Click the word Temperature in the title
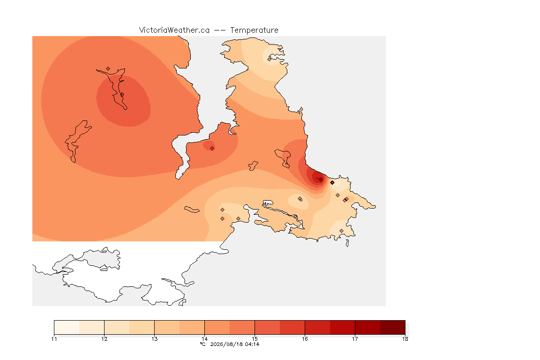tap(254, 30)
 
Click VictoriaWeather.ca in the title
tap(174, 30)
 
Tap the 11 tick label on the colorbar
tap(54, 339)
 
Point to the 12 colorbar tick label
tap(105, 339)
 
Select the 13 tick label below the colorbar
tap(155, 339)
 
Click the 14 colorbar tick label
tap(204, 339)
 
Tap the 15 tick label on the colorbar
tap(255, 339)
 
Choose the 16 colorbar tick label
tap(305, 339)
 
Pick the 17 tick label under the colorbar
tap(355, 339)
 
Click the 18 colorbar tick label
tap(405, 339)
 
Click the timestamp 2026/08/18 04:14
tap(234, 344)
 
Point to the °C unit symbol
tap(202, 344)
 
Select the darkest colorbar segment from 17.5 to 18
tap(393, 327)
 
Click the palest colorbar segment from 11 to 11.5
tap(67, 327)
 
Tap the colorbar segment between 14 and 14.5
tap(217, 327)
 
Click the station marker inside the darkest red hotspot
tap(321, 180)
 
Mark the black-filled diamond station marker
tap(332, 183)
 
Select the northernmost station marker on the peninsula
tap(270, 59)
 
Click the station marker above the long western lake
tap(108, 69)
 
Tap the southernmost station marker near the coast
tap(341, 231)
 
